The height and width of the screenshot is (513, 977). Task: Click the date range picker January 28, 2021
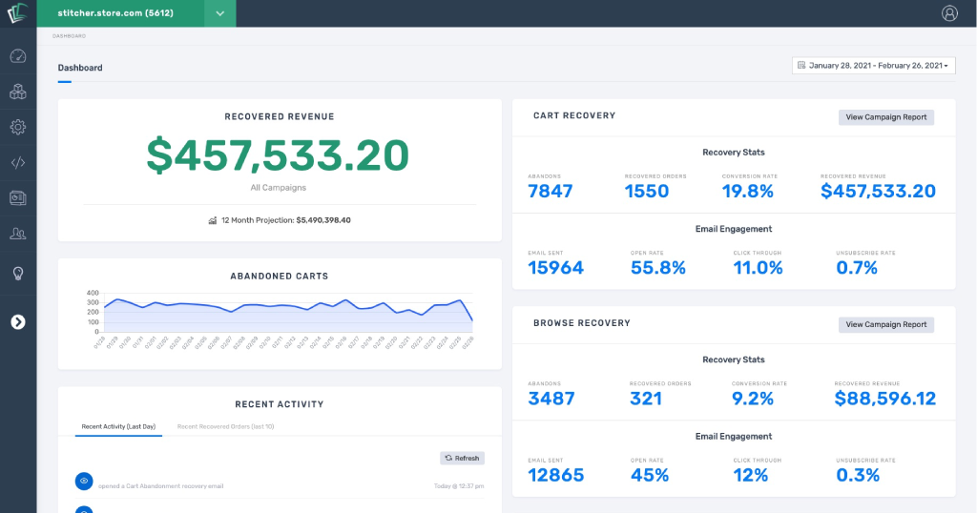[x=873, y=66]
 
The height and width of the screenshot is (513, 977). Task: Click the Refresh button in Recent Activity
[x=462, y=458]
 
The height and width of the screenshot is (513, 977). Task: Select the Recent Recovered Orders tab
[x=225, y=426]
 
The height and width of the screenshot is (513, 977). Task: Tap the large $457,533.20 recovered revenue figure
[x=278, y=155]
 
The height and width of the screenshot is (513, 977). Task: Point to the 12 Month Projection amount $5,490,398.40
[x=323, y=220]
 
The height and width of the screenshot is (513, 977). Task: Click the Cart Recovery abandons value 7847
[x=551, y=191]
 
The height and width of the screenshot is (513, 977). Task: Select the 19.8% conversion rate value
[x=747, y=191]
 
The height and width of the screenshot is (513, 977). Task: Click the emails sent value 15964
[x=555, y=268]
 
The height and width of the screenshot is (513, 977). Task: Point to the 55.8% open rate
[x=657, y=268]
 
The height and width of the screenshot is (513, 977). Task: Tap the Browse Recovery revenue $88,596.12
[x=884, y=399]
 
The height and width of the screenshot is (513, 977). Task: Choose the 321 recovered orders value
[x=646, y=399]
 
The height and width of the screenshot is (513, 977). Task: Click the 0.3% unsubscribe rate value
[x=858, y=475]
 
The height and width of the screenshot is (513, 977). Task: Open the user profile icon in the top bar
[x=949, y=13]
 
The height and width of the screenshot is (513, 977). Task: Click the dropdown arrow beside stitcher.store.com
[x=219, y=13]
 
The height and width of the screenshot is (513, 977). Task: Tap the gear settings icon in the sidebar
[x=17, y=127]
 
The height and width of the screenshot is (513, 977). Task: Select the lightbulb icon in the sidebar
[x=17, y=274]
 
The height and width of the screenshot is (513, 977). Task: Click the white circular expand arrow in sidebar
[x=17, y=321]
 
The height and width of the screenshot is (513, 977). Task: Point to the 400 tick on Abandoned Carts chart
[x=93, y=293]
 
